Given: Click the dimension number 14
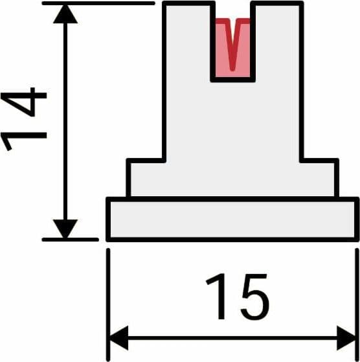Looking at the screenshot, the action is coord(23,119).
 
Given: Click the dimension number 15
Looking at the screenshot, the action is coord(238,297).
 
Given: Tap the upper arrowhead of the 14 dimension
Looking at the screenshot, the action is coord(65,14).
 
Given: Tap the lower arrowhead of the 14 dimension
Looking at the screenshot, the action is coord(65,229).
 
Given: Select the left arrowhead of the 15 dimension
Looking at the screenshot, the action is coord(118,338).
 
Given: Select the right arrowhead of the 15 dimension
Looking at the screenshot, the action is coord(346,338).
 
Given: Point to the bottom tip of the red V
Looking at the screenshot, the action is coord(233,69).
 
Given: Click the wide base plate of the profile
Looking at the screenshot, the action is coord(232,220).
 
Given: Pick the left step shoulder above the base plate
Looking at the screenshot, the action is coord(146,178).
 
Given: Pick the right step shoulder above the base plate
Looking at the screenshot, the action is coord(319,178).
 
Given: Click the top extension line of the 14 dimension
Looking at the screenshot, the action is coord(98,3).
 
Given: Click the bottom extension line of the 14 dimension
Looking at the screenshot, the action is coord(71,240).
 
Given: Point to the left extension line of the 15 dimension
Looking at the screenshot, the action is coord(107,305).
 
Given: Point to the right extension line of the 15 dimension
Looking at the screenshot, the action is coord(357,305).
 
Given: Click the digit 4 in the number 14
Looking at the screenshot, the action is coord(23,102).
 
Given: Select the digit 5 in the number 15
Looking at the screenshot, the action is coord(254,297).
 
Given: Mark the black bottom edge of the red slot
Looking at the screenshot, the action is coord(233,80).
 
